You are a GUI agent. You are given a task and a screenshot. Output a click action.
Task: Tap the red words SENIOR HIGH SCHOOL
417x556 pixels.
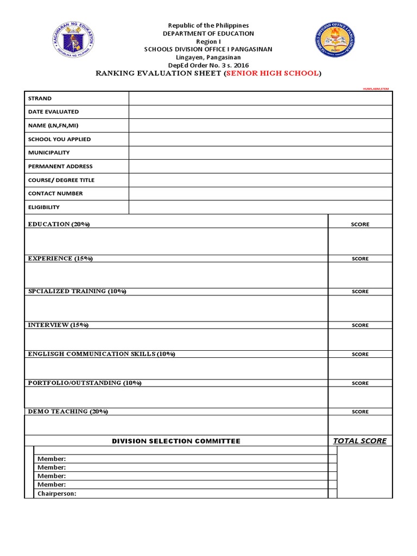coord(272,73)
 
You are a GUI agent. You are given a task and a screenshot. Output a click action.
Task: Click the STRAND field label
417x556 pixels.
coord(40,98)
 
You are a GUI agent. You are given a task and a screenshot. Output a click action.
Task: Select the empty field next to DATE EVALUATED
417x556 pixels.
coord(260,112)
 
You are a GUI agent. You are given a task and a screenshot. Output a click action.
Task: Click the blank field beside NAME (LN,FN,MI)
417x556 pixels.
coord(260,125)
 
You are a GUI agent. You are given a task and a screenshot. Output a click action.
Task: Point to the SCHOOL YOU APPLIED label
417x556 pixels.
coord(59,139)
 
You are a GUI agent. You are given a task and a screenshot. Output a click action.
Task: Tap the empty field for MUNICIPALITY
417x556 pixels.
coord(260,153)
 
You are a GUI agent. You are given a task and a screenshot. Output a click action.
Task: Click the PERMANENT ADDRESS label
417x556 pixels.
coord(60,166)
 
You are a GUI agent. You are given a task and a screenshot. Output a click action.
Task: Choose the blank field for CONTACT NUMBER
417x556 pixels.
coord(260,193)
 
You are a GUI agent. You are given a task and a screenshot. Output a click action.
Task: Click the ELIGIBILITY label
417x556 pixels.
coord(44,207)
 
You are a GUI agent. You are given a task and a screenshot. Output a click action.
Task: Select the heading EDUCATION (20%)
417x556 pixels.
coord(59,224)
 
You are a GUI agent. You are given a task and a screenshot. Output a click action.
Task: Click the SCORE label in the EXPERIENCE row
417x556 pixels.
coord(360,258)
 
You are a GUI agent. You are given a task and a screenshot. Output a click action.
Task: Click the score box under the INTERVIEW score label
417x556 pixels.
coord(360,339)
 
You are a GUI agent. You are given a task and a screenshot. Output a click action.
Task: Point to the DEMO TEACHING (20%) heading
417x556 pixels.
coord(68,412)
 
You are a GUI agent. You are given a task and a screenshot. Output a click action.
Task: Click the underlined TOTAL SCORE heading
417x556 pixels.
coord(360,441)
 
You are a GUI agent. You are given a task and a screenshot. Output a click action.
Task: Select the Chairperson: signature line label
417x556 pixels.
coord(56,494)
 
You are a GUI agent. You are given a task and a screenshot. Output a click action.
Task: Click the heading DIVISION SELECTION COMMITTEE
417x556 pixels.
coord(176,441)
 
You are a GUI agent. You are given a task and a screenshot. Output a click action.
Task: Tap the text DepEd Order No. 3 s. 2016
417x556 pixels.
coord(208,65)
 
